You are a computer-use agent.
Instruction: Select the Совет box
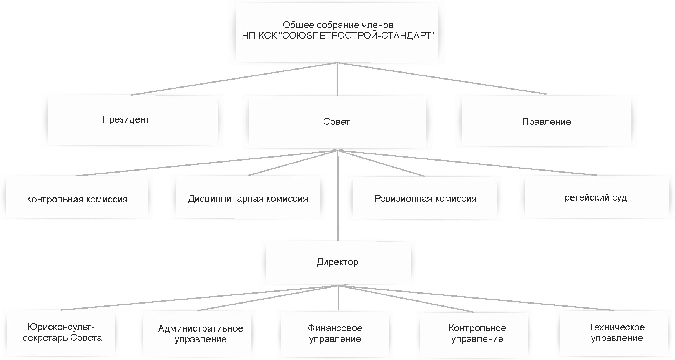coord(337,122)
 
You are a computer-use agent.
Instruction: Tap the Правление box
coord(546,122)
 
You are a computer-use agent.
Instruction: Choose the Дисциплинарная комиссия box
coord(248,198)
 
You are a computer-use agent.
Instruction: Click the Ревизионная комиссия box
coord(425,198)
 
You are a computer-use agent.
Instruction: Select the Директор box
coord(338,262)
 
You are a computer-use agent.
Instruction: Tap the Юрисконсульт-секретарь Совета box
coord(62,333)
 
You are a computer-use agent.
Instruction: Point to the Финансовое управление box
coord(335,333)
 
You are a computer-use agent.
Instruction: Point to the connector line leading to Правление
coord(442,78)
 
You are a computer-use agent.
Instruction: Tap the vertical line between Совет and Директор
coord(338,215)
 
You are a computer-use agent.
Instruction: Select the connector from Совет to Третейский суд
coord(467,163)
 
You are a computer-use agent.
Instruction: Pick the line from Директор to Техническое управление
coord(477,298)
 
